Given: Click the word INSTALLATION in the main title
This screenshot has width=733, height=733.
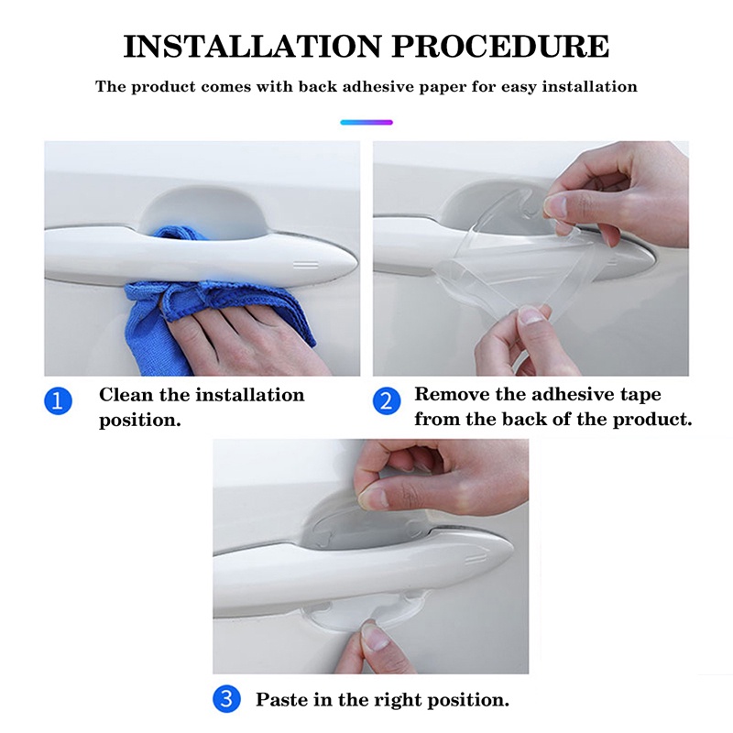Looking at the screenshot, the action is [x=253, y=47].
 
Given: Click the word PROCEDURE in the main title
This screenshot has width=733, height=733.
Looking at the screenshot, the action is [x=500, y=47].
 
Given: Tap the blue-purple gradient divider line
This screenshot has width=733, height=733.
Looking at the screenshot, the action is [x=366, y=123].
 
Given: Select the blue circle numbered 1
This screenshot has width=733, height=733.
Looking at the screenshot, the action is [x=59, y=401].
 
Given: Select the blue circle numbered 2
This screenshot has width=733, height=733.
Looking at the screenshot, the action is [x=387, y=401].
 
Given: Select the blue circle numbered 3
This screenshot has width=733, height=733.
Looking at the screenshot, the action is [x=226, y=699].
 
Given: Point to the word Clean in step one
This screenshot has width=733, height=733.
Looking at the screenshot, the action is [x=126, y=395].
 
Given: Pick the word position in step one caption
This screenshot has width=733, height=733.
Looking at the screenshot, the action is [x=140, y=421].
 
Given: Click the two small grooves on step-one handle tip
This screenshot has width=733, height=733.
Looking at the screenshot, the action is [x=306, y=266].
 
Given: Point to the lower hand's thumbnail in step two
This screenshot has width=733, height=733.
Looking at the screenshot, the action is [x=531, y=315].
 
